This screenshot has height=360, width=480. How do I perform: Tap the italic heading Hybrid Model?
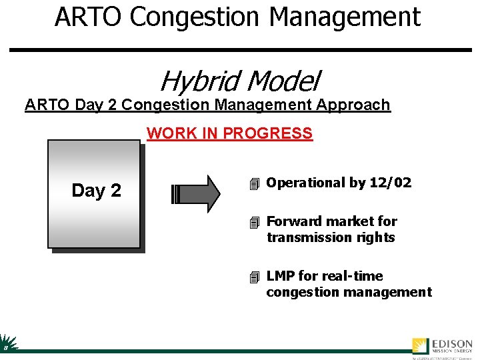(239, 81)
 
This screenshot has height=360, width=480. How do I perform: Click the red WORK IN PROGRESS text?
(229, 133)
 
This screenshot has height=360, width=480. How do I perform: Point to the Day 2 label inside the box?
(96, 191)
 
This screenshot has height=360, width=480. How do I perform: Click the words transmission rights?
(331, 237)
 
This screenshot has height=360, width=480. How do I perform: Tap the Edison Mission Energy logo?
(441, 346)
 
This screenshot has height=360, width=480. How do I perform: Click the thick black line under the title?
(260, 50)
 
